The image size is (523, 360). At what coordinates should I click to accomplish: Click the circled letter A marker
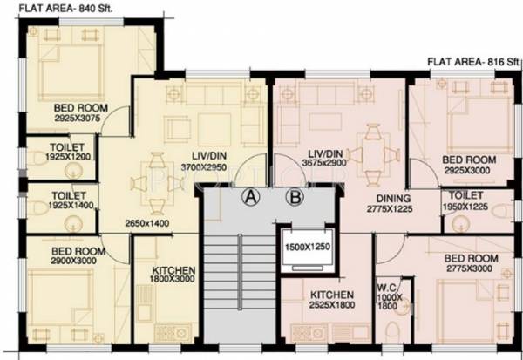(251, 197)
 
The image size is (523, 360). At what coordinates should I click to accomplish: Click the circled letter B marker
(295, 197)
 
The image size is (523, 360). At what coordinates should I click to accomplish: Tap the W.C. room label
(388, 289)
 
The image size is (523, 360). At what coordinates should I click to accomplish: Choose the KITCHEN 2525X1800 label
(329, 301)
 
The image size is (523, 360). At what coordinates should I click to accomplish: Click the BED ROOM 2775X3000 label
(472, 264)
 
